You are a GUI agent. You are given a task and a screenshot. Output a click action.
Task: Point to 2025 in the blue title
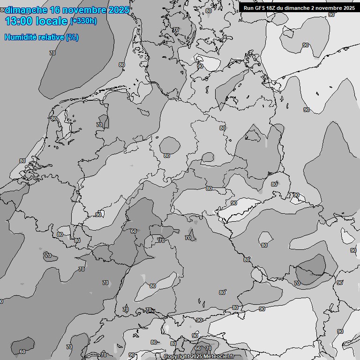(119, 10)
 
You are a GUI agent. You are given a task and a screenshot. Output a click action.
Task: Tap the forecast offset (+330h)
(83, 21)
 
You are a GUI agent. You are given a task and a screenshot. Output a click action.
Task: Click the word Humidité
(21, 37)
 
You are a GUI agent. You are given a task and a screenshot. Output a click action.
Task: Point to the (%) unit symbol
(72, 37)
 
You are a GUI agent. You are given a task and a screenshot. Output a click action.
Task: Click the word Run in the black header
(248, 7)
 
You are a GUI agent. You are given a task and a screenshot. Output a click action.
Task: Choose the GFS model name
(261, 7)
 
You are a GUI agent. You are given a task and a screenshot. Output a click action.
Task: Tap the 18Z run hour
(273, 7)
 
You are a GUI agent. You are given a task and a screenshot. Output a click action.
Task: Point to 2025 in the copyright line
(196, 357)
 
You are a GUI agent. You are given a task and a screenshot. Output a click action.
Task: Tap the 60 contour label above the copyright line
(197, 349)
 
